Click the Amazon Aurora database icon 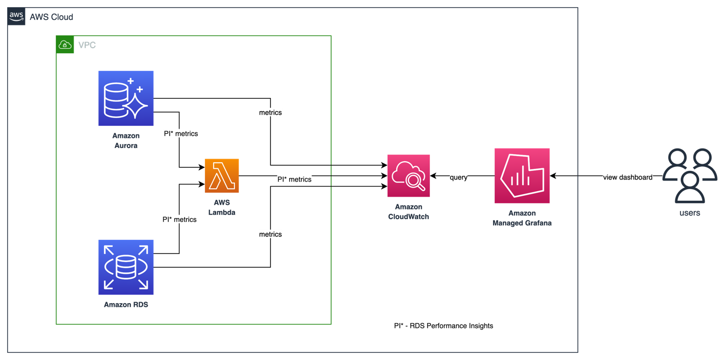pyautogui.click(x=126, y=98)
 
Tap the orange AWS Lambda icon pyautogui.click(x=222, y=176)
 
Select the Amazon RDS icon pyautogui.click(x=126, y=267)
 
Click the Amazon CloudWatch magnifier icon pyautogui.click(x=408, y=175)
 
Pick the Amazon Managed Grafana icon pyautogui.click(x=522, y=175)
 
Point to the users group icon pyautogui.click(x=689, y=175)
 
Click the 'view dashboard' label pyautogui.click(x=628, y=177)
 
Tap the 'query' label pyautogui.click(x=458, y=177)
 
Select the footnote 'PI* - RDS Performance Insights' pyautogui.click(x=444, y=326)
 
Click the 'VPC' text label pyautogui.click(x=87, y=45)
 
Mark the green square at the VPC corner pyautogui.click(x=65, y=45)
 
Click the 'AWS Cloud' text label pyautogui.click(x=51, y=17)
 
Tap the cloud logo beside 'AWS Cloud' pyautogui.click(x=17, y=17)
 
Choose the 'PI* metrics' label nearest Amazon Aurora pyautogui.click(x=181, y=134)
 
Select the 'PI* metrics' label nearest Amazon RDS pyautogui.click(x=180, y=220)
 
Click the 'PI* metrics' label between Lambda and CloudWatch pyautogui.click(x=294, y=179)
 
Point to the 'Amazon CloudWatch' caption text pyautogui.click(x=408, y=211)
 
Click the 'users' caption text pyautogui.click(x=689, y=213)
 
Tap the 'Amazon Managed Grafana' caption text pyautogui.click(x=522, y=218)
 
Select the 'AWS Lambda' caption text pyautogui.click(x=222, y=207)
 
